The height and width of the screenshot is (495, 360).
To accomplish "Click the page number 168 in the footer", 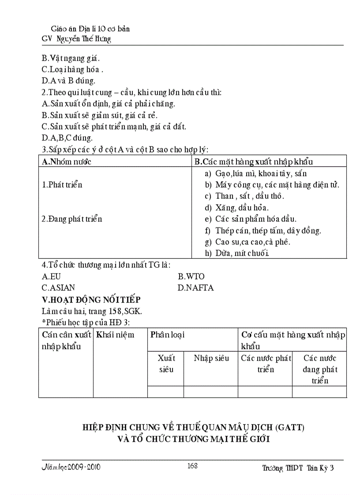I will [x=192, y=466].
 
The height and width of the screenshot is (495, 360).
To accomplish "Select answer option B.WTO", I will [x=191, y=276].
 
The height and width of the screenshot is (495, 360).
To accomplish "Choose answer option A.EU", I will [x=51, y=276].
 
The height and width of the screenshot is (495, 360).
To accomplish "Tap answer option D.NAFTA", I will [x=195, y=288].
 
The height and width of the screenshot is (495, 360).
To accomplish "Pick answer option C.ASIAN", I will [x=58, y=288].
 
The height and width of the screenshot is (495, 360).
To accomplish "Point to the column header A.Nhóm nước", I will [x=66, y=161].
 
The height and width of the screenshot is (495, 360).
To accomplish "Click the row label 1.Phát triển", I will [x=62, y=185].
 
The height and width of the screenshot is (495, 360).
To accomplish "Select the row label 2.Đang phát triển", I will [x=72, y=219].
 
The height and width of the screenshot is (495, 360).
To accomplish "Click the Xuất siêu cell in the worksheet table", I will [x=166, y=364].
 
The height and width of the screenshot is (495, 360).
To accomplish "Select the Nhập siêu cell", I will [x=211, y=358].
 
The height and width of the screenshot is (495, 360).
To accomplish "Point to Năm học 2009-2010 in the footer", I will [x=71, y=467].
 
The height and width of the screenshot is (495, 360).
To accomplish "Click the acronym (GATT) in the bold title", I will [x=289, y=427].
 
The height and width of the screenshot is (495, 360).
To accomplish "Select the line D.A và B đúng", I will [x=68, y=81].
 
